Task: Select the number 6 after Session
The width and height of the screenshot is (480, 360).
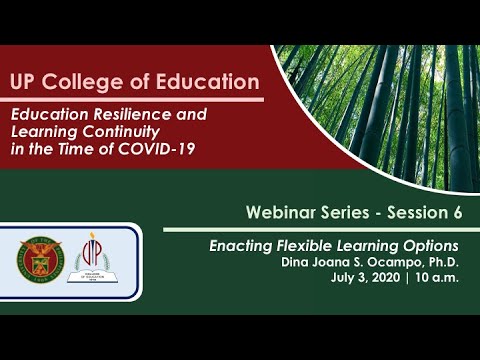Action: point(461,213)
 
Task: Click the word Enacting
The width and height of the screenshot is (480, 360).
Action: point(236,245)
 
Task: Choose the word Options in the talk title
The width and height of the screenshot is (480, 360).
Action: point(431,245)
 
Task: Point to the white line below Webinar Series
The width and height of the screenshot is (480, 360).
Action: point(320,230)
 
